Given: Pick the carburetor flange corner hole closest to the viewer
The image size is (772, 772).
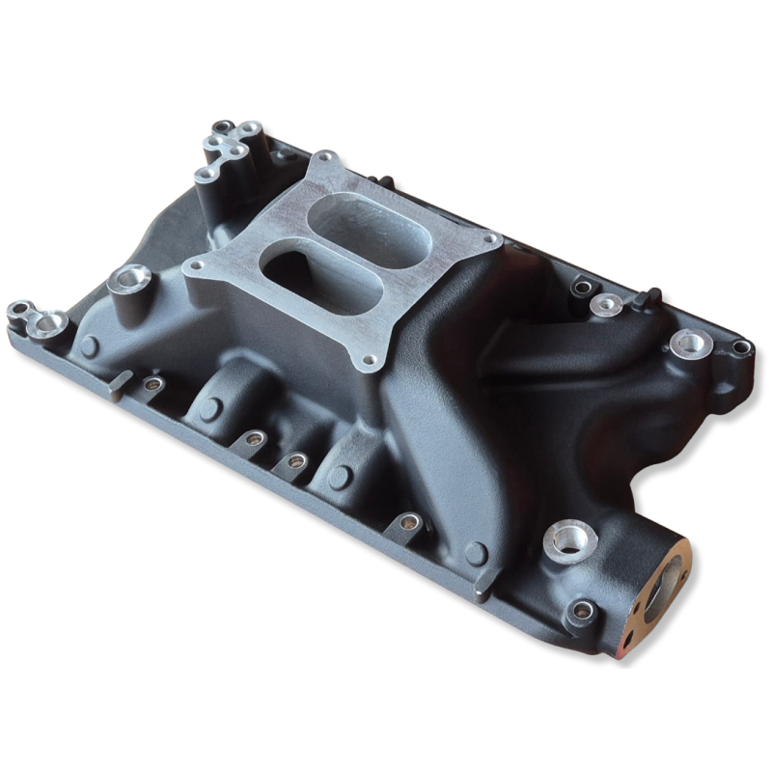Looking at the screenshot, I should pos(368,364).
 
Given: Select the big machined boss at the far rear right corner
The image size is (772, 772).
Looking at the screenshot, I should pos(689,341).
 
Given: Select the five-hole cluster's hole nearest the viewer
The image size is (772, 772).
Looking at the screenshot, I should pos(204,175).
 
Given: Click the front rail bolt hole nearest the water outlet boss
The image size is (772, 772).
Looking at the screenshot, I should pos(406,523).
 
